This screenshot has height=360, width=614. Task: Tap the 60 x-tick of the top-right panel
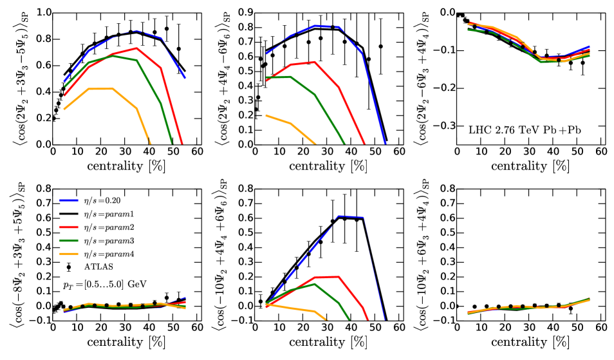[x=601, y=151]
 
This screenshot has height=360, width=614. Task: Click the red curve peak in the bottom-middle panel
[x=338, y=276]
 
